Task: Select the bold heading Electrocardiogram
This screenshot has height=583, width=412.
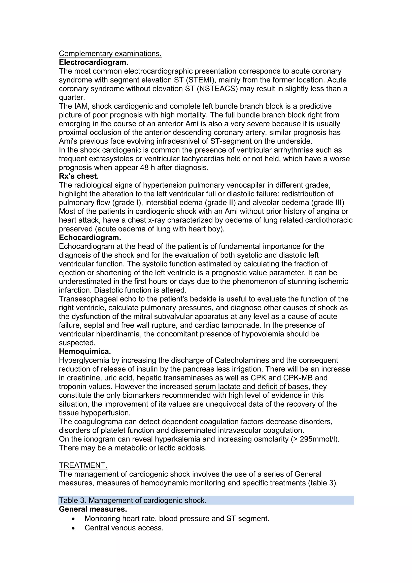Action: coord(94,62)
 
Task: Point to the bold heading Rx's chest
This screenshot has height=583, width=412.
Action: coord(79,176)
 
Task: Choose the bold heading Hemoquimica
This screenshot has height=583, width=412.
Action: coord(85,351)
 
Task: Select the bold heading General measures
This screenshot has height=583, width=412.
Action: coord(93,509)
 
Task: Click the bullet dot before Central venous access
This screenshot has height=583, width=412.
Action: coord(73,528)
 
